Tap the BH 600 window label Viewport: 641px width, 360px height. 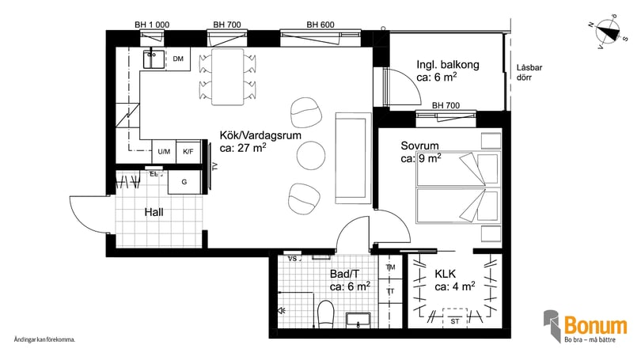(x=320, y=25)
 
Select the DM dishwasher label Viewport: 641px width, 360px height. (x=178, y=59)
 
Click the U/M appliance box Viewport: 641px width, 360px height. (x=164, y=151)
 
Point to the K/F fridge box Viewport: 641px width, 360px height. (x=188, y=151)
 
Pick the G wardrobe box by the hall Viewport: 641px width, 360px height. (x=184, y=182)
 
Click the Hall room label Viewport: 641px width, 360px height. (x=154, y=213)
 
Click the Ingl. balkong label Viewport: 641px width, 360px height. (x=448, y=65)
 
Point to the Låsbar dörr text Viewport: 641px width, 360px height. (x=528, y=73)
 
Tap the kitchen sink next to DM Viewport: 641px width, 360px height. (x=154, y=58)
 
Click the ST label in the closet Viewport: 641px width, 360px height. (x=455, y=321)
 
